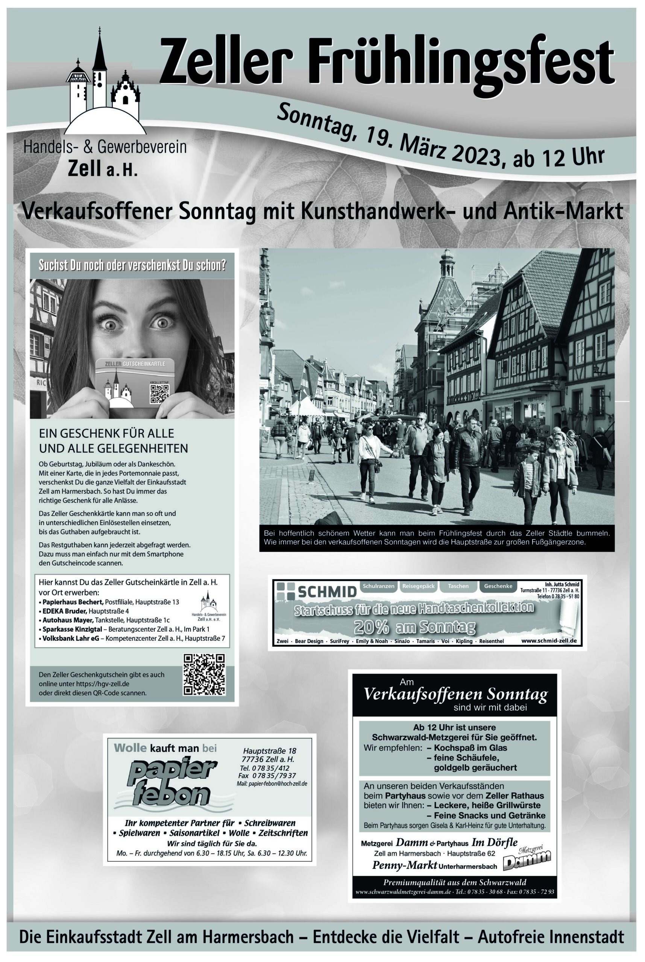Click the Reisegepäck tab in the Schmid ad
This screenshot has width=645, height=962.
[x=418, y=586]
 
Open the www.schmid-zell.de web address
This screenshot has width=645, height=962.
[x=548, y=641]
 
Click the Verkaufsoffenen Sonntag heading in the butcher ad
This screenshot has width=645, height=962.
[x=455, y=694]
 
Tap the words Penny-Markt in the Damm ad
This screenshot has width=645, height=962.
[x=404, y=865]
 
